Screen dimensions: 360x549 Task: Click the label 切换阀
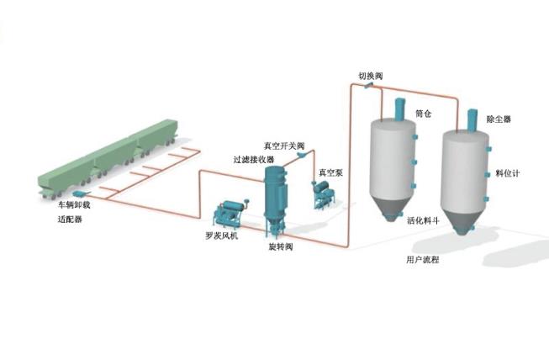click(371, 76)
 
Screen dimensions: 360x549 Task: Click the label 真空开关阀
click(282, 145)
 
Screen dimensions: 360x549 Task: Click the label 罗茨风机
click(223, 236)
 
